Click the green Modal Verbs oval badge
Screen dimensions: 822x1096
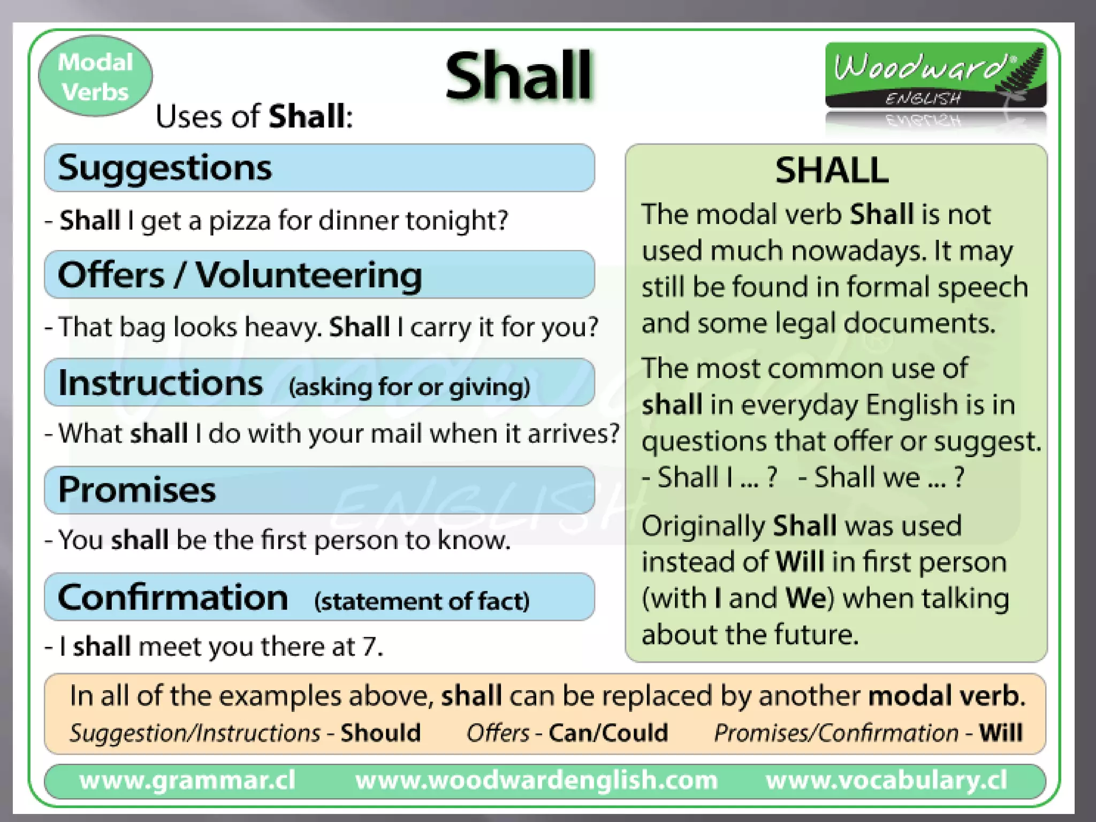pyautogui.click(x=95, y=77)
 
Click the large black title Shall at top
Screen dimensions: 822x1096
pyautogui.click(x=518, y=76)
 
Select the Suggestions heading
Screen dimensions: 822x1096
pyautogui.click(x=165, y=168)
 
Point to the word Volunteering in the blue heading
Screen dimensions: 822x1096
pyautogui.click(x=309, y=275)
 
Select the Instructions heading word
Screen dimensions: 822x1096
pyautogui.click(x=161, y=383)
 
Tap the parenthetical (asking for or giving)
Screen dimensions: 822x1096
pyautogui.click(x=409, y=386)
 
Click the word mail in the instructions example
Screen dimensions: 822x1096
pyautogui.click(x=396, y=433)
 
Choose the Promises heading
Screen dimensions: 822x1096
pyautogui.click(x=137, y=490)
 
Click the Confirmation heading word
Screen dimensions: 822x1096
pyautogui.click(x=173, y=597)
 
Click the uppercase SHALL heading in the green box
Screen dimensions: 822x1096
pyautogui.click(x=832, y=170)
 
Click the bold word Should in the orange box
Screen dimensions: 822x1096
pyautogui.click(x=380, y=733)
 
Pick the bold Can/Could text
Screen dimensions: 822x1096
pyautogui.click(x=608, y=733)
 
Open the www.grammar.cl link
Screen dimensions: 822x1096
pyautogui.click(x=187, y=780)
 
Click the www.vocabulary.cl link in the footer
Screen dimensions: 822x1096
pyautogui.click(x=886, y=780)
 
